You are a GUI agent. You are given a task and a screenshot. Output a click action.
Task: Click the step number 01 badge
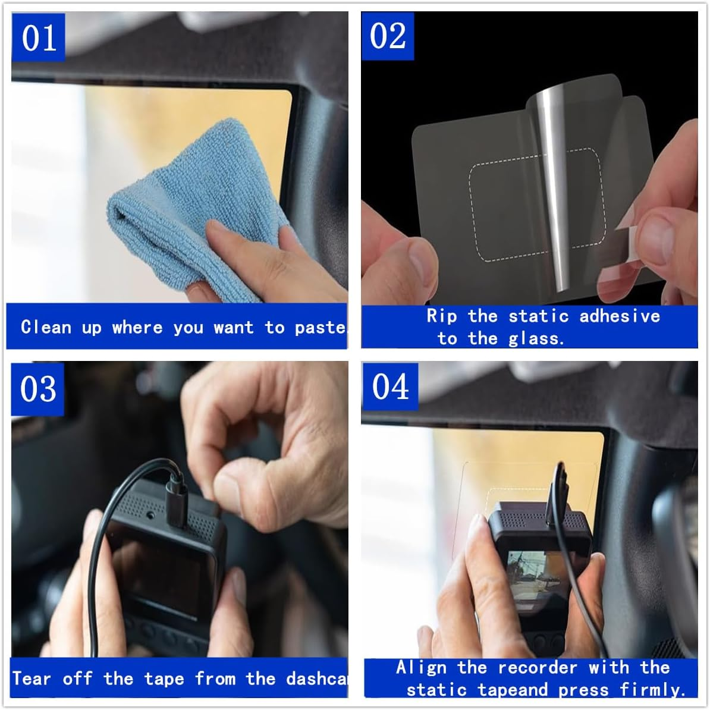click(38, 37)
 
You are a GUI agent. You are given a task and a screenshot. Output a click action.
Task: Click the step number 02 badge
click(388, 36)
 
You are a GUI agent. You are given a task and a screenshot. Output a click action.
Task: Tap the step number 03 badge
click(38, 389)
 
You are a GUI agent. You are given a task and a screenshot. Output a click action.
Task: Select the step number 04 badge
click(390, 387)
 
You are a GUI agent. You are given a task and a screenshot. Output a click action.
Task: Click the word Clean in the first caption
click(45, 327)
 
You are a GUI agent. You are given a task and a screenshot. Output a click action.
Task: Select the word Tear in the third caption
click(32, 678)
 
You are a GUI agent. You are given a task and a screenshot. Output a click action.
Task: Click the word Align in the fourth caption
click(421, 668)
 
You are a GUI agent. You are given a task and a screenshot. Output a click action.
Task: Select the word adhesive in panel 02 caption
click(620, 316)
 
